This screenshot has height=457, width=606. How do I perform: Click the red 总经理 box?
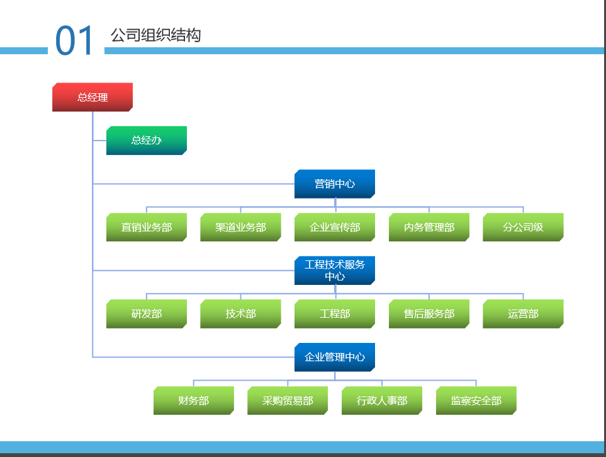pos(93,97)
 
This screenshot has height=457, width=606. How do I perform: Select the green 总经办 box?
pos(147,140)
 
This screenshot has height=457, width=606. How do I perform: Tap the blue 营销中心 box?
pos(335,183)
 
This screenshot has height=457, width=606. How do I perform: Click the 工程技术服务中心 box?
pos(335,270)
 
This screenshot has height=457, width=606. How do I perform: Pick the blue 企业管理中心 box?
pos(335,357)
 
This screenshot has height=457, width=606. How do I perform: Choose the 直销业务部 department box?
pos(147,227)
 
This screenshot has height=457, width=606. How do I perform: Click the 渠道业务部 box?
pos(240,227)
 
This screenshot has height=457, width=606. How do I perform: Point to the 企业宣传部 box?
pos(335,227)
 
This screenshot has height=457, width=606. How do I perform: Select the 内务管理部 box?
pos(429,227)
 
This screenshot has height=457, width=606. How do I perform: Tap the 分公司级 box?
pos(523,227)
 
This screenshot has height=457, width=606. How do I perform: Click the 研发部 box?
pos(147,314)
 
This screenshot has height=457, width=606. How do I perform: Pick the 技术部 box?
pos(240,314)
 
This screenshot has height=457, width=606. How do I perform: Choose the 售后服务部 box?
pos(429,314)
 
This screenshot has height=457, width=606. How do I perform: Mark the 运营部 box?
pos(523,314)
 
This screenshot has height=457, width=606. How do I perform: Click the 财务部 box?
pos(194,400)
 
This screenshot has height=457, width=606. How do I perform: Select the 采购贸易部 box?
pos(288,400)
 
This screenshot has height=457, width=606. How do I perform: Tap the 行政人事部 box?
pos(382,400)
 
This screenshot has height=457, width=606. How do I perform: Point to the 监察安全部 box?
pos(476,400)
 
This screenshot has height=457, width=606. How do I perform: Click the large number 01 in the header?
pos(74,40)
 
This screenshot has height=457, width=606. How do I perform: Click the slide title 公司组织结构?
pos(156,35)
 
